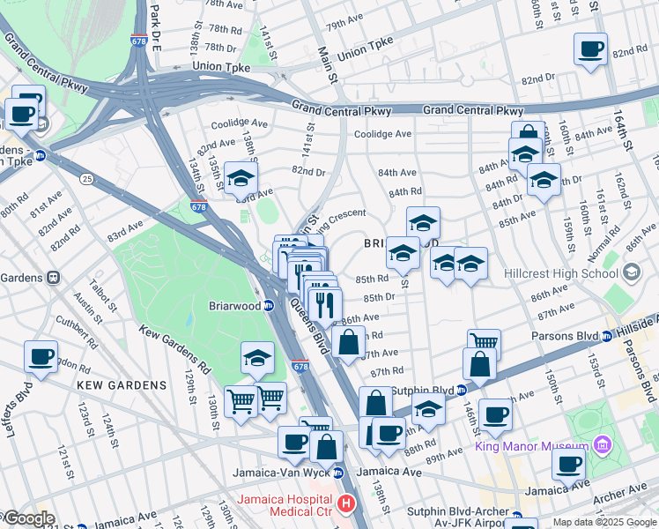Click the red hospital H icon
tap(346, 505)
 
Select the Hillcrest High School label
tap(559, 272)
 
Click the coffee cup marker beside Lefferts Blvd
tap(41, 356)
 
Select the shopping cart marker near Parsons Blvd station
tap(483, 344)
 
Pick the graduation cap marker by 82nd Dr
tap(240, 179)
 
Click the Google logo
tap(28, 518)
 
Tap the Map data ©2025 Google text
tap(603, 522)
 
